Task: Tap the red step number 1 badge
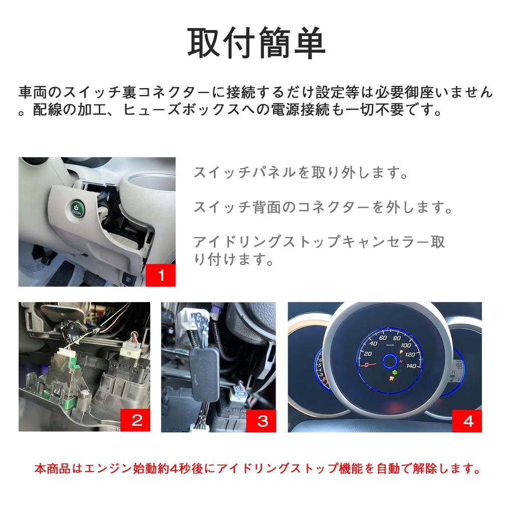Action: (x=161, y=275)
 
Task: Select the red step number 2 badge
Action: (x=136, y=420)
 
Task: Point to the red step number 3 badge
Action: (x=262, y=420)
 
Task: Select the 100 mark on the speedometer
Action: (x=405, y=345)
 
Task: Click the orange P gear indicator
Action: (x=401, y=353)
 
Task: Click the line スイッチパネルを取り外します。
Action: (x=300, y=173)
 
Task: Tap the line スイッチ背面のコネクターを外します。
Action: (x=323, y=206)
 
